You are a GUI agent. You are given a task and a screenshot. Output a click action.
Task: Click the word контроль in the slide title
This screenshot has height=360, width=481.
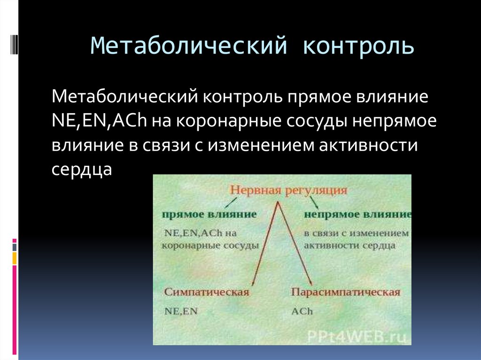point(358,46)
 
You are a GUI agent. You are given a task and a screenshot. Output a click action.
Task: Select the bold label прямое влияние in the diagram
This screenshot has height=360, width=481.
point(209,214)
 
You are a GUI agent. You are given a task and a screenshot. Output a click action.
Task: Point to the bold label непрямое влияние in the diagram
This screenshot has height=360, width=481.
point(357,214)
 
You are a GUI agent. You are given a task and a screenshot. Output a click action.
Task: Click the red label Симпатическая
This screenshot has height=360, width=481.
point(206,292)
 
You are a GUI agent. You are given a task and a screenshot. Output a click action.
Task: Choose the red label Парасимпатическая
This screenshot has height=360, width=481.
point(345,292)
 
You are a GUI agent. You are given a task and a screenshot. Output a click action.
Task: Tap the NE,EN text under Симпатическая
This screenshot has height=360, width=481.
point(180,311)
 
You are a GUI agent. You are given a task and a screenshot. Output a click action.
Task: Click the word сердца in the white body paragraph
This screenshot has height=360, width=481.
point(82,169)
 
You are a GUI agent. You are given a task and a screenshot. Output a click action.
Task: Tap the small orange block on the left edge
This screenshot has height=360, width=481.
point(15,258)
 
